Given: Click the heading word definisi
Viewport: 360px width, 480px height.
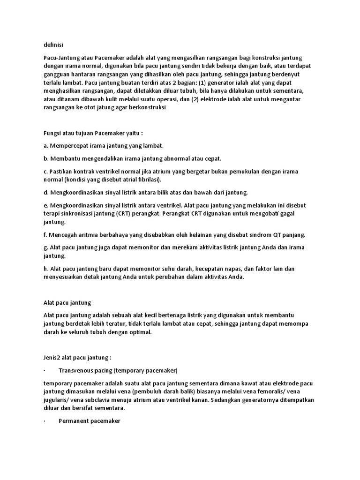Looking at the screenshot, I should [53, 45].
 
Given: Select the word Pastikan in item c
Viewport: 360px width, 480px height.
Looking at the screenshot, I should [62, 171].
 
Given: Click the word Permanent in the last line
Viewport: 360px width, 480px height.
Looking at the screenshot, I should [73, 421].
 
